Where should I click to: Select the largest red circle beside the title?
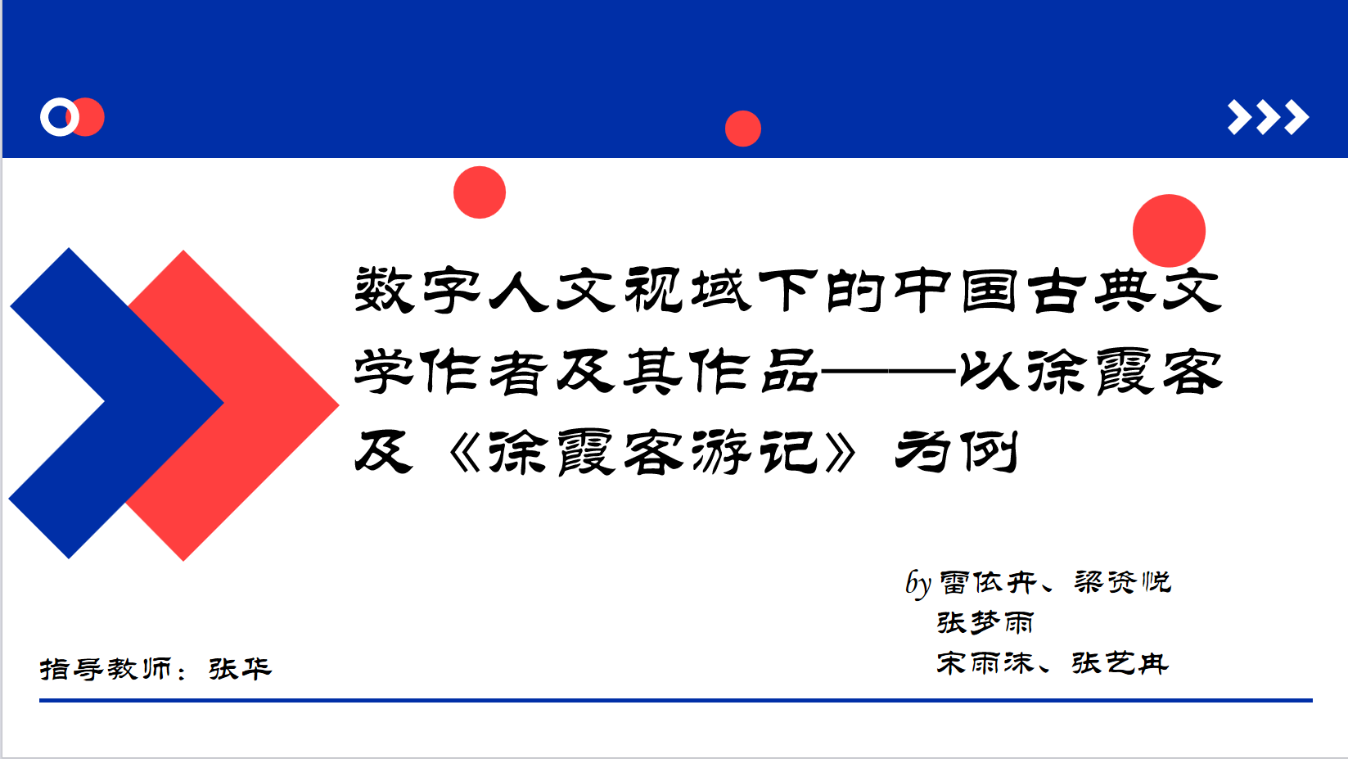point(1169,231)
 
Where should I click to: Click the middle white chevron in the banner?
point(1269,117)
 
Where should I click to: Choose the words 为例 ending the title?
point(957,452)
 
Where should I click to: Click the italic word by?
point(918,583)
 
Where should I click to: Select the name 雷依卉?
point(988,582)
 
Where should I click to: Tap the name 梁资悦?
point(1123,582)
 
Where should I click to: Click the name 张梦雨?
point(985,622)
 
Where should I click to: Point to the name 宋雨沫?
point(985,663)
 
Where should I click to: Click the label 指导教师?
point(106,669)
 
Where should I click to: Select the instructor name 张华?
point(240,669)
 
